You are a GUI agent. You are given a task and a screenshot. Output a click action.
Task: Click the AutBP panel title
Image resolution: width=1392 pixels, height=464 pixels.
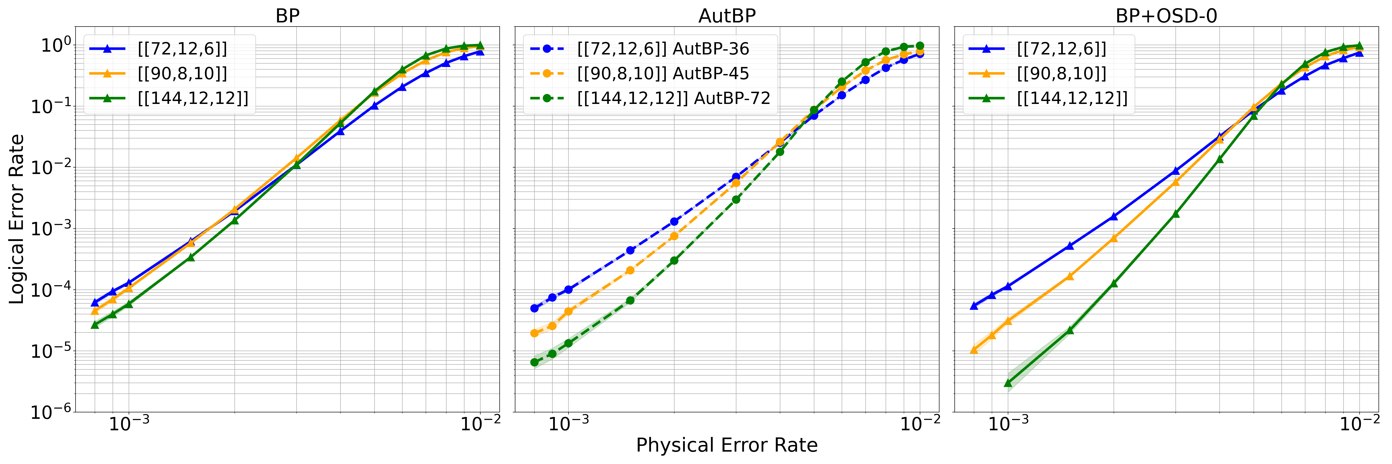click(x=727, y=16)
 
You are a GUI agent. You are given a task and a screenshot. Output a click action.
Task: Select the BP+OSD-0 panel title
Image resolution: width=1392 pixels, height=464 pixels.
click(x=1166, y=16)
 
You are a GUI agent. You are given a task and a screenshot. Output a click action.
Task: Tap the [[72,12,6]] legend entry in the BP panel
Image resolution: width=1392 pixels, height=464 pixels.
click(x=182, y=49)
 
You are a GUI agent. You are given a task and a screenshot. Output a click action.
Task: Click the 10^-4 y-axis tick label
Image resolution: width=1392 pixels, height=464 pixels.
click(x=51, y=290)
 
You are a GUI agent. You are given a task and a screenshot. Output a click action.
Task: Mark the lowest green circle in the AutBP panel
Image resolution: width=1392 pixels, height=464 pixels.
click(x=534, y=362)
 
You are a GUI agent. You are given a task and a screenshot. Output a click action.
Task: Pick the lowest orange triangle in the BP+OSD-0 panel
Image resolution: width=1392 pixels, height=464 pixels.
click(x=974, y=350)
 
